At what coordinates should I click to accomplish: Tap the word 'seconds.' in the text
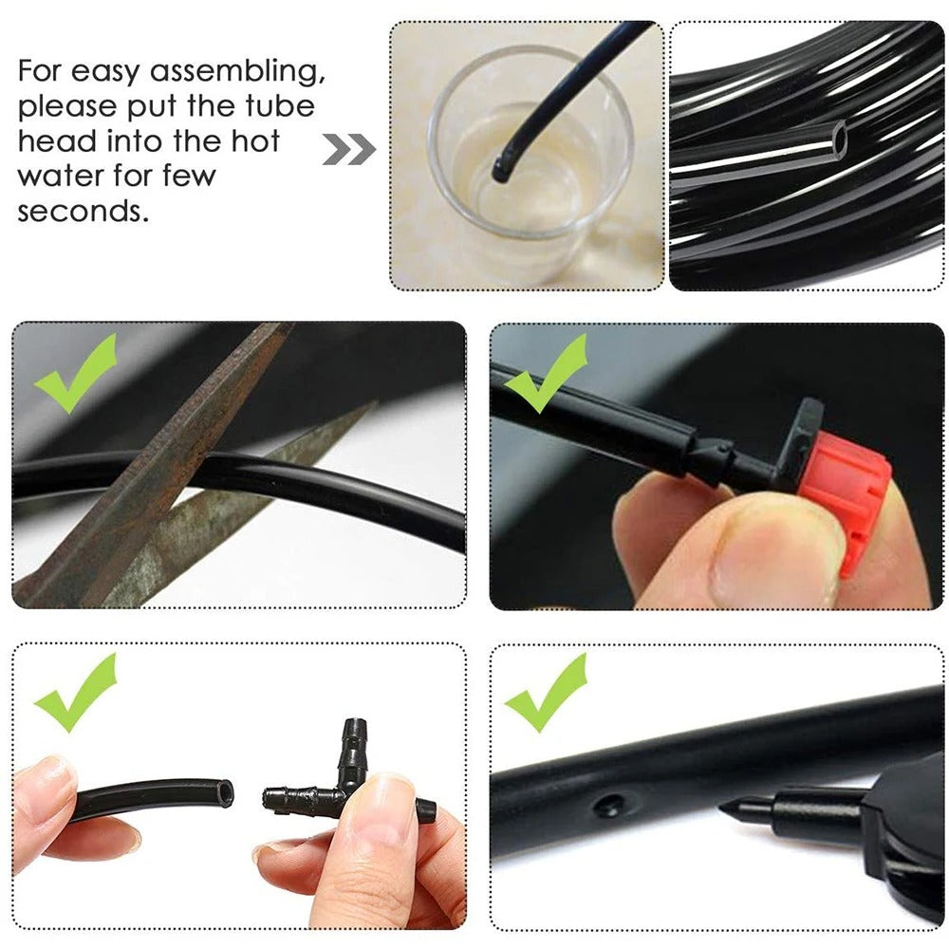tap(84, 211)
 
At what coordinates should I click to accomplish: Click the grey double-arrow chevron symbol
tap(348, 149)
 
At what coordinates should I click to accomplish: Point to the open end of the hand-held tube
tap(222, 792)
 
